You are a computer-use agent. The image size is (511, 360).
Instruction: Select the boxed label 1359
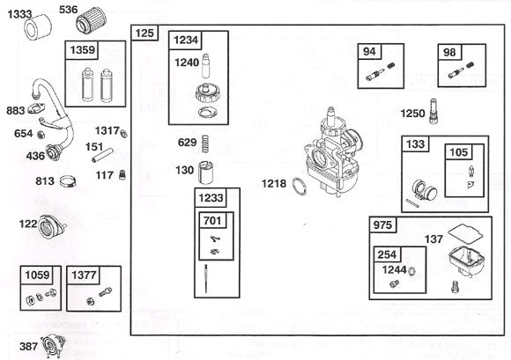point(83,51)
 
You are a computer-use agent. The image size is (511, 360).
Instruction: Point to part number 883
point(14,112)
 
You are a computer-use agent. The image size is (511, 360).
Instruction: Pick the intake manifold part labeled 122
point(55,226)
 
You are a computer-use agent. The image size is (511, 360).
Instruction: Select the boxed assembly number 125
point(144,33)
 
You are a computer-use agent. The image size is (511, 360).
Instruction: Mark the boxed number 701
point(212,220)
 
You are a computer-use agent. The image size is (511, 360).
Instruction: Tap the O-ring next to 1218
point(300,186)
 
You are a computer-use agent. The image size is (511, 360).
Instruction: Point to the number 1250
point(412,114)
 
